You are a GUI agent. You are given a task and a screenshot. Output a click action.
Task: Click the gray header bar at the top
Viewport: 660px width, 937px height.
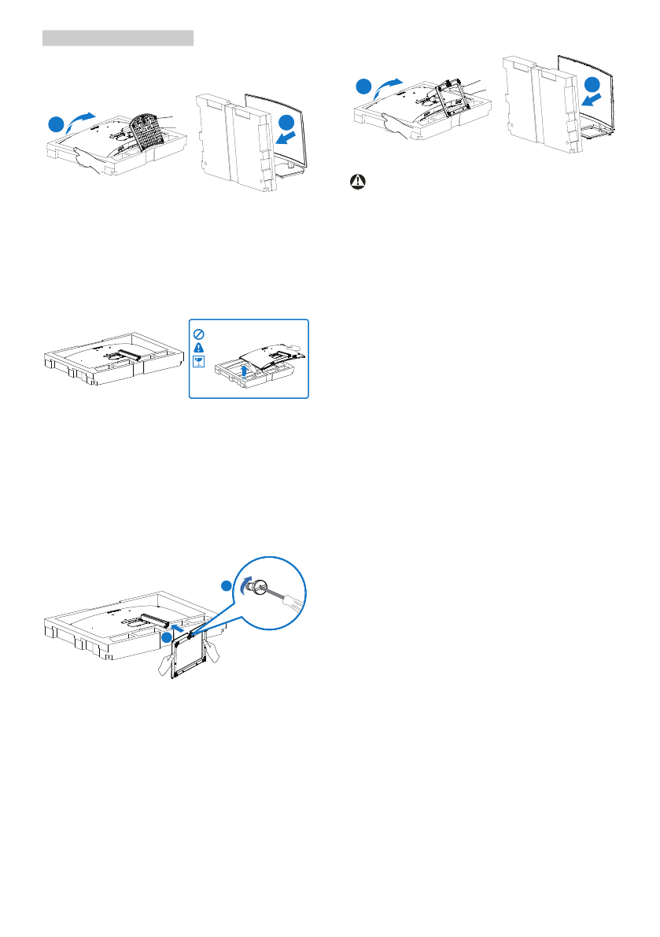point(117,38)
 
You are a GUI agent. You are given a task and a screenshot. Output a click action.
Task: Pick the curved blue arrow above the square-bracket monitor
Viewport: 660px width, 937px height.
point(387,83)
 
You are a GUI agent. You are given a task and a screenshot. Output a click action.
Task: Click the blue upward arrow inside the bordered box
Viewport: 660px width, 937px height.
point(248,369)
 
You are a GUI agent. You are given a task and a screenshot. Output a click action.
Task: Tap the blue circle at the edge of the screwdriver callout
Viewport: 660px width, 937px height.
point(227,586)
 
